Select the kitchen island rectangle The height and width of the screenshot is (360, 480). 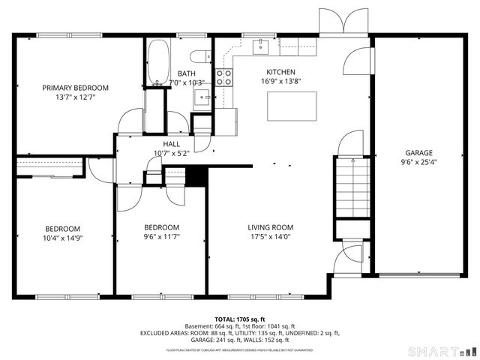pyautogui.click(x=292, y=106)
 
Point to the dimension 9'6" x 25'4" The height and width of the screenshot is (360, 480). pyautogui.click(x=419, y=160)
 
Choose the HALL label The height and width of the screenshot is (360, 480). pyautogui.click(x=171, y=144)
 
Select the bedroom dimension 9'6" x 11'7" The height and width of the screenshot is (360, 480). pyautogui.click(x=161, y=237)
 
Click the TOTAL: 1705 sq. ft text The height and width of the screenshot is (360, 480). pyautogui.click(x=239, y=319)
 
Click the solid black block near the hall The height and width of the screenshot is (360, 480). pyautogui.click(x=196, y=177)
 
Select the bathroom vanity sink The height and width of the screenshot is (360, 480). pyautogui.click(x=202, y=97)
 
